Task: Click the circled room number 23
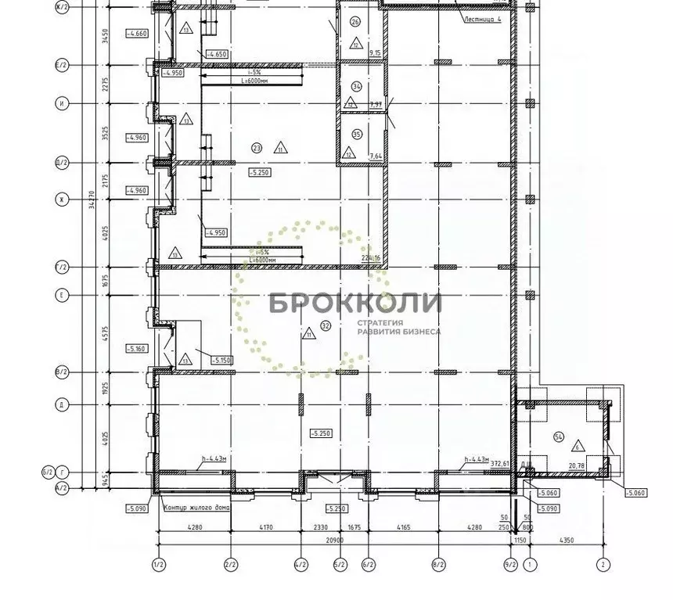click(x=256, y=147)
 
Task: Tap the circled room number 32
click(x=326, y=325)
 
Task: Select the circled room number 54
click(x=558, y=435)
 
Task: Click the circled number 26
click(x=355, y=22)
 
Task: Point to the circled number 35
click(x=357, y=135)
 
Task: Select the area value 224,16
click(x=370, y=258)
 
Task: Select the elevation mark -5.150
click(x=222, y=360)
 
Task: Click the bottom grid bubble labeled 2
click(x=603, y=563)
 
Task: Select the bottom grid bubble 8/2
click(x=438, y=563)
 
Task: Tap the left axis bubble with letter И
click(x=60, y=102)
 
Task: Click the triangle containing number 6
click(x=577, y=446)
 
